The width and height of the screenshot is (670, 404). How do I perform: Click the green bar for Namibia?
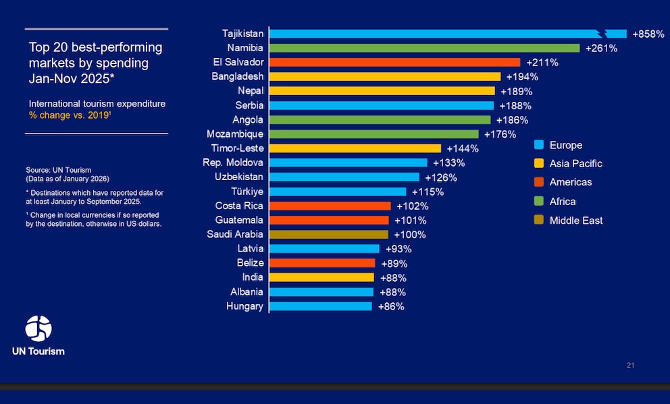click(x=424, y=48)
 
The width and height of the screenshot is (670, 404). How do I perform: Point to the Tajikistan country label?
click(x=242, y=33)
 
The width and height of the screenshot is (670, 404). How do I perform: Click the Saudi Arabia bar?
click(x=329, y=235)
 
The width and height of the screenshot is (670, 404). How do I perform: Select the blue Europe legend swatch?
click(x=539, y=144)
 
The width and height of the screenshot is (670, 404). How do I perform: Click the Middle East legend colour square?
click(x=539, y=220)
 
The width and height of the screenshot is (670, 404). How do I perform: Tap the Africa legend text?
click(x=563, y=202)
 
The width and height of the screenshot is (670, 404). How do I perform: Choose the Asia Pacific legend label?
click(x=575, y=163)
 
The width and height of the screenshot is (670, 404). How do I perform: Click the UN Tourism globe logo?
click(x=38, y=328)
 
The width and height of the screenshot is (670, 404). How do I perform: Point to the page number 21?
click(x=631, y=366)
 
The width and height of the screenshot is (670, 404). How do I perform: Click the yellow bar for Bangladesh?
click(x=385, y=77)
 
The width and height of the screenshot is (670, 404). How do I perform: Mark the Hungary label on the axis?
click(x=244, y=306)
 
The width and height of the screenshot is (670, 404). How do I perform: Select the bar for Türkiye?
click(x=338, y=192)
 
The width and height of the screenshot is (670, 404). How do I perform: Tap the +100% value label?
click(x=410, y=235)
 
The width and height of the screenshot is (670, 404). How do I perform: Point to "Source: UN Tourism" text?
click(x=59, y=170)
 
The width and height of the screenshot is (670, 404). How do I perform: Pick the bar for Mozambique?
click(x=373, y=134)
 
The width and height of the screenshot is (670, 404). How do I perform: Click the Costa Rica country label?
click(x=239, y=206)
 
